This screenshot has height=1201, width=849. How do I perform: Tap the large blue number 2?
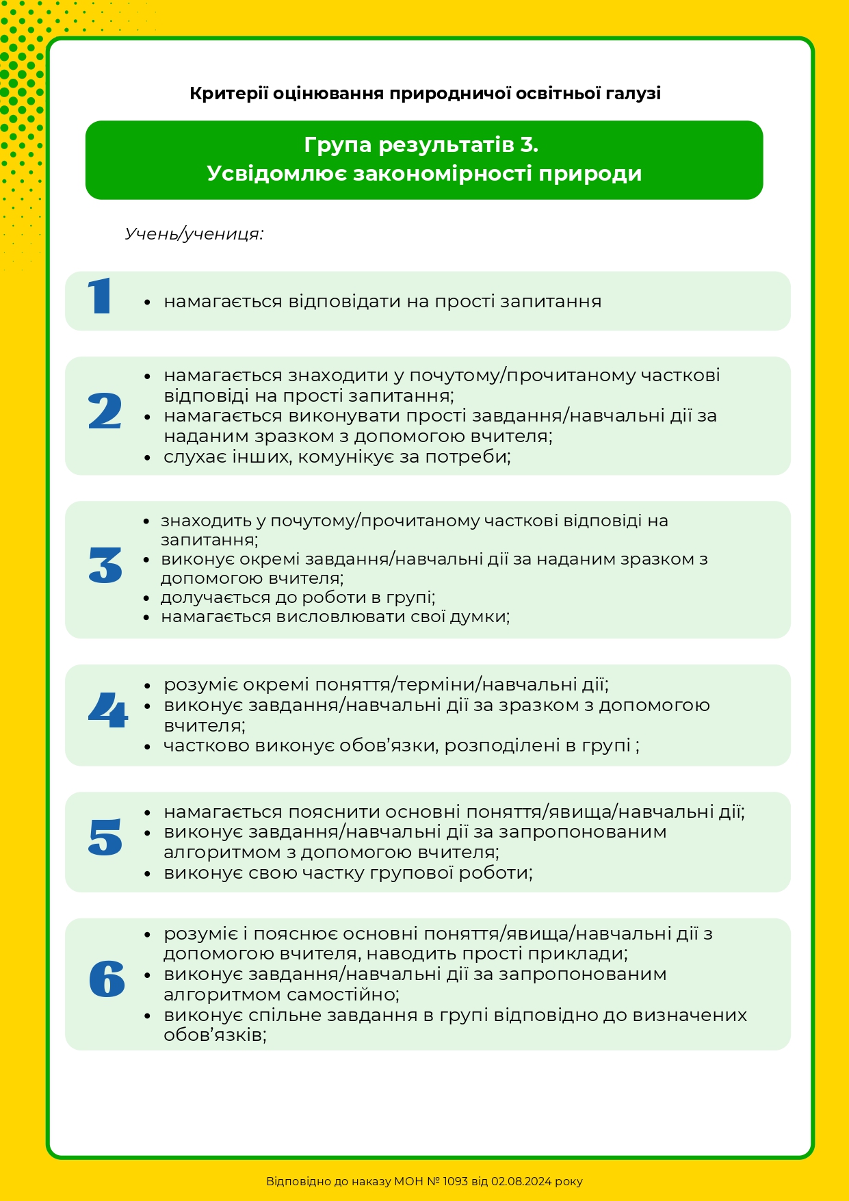click(105, 411)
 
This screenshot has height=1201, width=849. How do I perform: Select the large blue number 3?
click(105, 565)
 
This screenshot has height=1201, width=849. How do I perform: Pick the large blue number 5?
click(105, 837)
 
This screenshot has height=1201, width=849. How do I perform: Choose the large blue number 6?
click(107, 979)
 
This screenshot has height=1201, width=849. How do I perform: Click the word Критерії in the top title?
click(228, 93)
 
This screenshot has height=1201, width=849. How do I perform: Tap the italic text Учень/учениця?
click(194, 234)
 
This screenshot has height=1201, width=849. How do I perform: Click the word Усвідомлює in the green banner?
click(276, 173)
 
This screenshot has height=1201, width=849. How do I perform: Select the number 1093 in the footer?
click(455, 1181)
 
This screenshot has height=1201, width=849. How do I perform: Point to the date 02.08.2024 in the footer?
click(522, 1181)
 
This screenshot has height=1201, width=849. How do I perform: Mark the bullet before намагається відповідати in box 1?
click(147, 302)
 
